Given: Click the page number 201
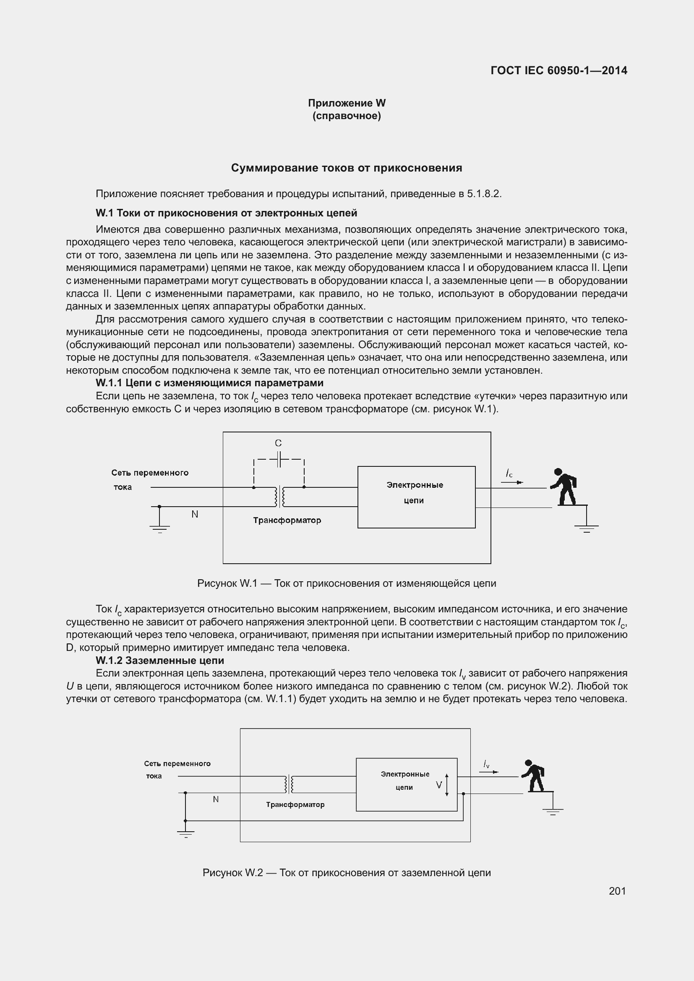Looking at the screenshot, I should point(617,891).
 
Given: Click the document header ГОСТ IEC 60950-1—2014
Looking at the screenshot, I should point(559,70).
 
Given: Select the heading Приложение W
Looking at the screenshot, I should point(347,103).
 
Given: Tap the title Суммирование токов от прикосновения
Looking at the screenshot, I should point(347,168).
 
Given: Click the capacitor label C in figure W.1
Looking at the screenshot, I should point(278,443).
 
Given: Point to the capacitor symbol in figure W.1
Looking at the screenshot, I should point(279,460).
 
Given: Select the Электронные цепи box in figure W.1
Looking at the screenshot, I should point(416,497).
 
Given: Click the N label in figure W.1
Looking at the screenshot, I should point(195,515).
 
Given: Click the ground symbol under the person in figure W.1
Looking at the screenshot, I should point(586,528).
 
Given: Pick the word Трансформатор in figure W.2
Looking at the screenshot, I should point(295,804).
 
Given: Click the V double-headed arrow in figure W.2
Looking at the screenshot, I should point(446,785).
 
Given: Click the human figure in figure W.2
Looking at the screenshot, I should point(533,775).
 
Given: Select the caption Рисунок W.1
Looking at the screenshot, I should point(347,583).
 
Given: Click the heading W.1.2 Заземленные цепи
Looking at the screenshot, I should point(160,660).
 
